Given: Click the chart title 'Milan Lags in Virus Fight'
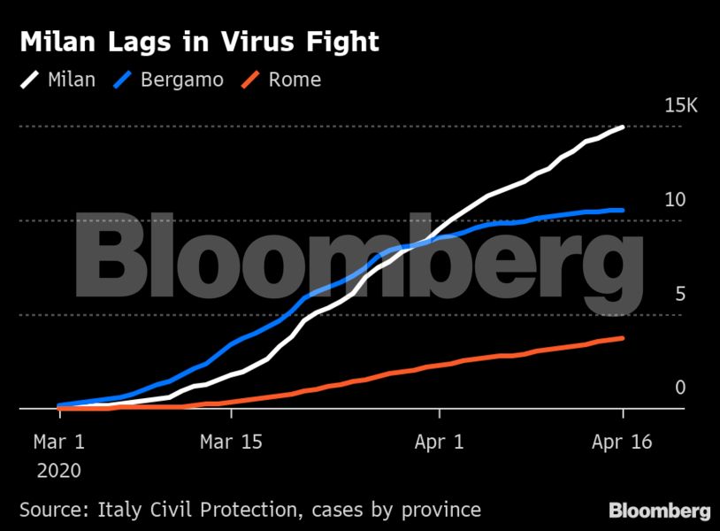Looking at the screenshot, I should coord(199,42).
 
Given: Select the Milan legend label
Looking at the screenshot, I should coord(72,80).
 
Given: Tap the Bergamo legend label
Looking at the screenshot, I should coord(182,80).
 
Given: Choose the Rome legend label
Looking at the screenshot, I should coord(295,80).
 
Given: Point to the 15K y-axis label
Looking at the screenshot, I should coord(681,106).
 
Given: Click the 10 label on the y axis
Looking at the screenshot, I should coord(675,200).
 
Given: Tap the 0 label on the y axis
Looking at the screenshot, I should coord(680,388).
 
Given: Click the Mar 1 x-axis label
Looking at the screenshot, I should coord(59,442).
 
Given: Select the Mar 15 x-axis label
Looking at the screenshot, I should coord(233,442).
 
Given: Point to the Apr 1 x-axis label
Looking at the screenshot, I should coord(440,442).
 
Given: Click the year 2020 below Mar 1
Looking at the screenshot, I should coord(59,471).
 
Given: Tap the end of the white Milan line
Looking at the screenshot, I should coord(623,127).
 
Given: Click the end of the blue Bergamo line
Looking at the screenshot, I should coord(623,211).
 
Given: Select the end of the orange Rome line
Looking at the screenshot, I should coord(623,338).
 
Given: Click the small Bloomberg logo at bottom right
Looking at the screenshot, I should coord(659,511).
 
